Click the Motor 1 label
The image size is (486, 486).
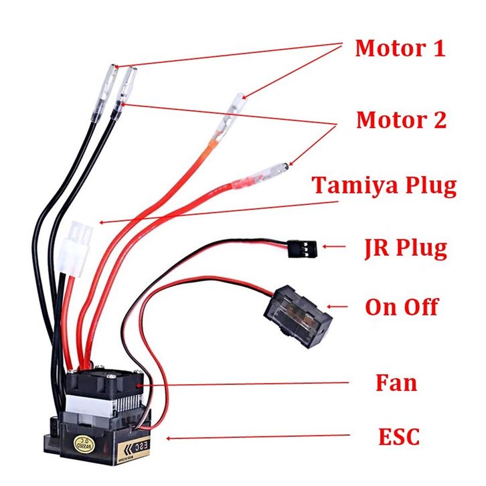click(x=400, y=48)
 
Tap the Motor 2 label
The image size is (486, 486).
click(x=400, y=120)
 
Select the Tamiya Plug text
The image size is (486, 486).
click(x=384, y=185)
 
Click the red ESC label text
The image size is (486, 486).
click(x=398, y=437)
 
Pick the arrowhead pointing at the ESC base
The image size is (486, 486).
click(x=168, y=439)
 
